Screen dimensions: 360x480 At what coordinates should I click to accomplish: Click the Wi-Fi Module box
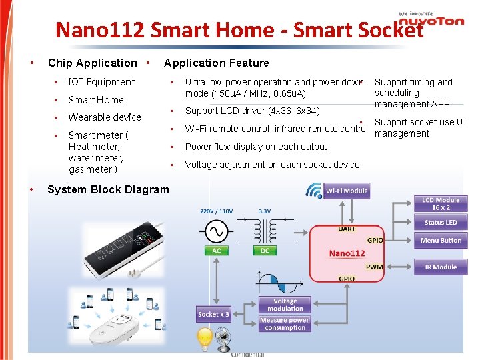(347, 191)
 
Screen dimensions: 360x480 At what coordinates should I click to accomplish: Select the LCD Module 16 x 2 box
(441, 203)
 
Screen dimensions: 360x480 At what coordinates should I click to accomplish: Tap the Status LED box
(441, 222)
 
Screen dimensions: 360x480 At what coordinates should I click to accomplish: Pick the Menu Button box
(441, 240)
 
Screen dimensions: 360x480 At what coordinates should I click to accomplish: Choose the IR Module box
(441, 267)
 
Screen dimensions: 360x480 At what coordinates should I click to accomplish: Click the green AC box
(217, 251)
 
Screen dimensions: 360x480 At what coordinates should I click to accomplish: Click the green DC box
(265, 251)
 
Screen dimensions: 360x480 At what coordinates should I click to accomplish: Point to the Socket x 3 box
(213, 314)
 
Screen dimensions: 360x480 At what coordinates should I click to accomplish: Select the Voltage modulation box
(285, 305)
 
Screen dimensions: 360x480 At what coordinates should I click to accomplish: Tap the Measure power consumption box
(285, 324)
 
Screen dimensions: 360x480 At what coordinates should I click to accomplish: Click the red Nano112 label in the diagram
(347, 253)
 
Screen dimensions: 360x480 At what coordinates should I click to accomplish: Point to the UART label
(347, 229)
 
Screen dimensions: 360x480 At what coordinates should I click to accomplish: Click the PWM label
(374, 267)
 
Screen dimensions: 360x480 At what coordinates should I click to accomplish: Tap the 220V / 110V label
(217, 211)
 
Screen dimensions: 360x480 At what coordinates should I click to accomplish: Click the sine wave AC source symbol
(217, 231)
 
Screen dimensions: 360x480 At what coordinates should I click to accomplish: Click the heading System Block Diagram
(109, 189)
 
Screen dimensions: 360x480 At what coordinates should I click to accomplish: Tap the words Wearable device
(105, 117)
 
